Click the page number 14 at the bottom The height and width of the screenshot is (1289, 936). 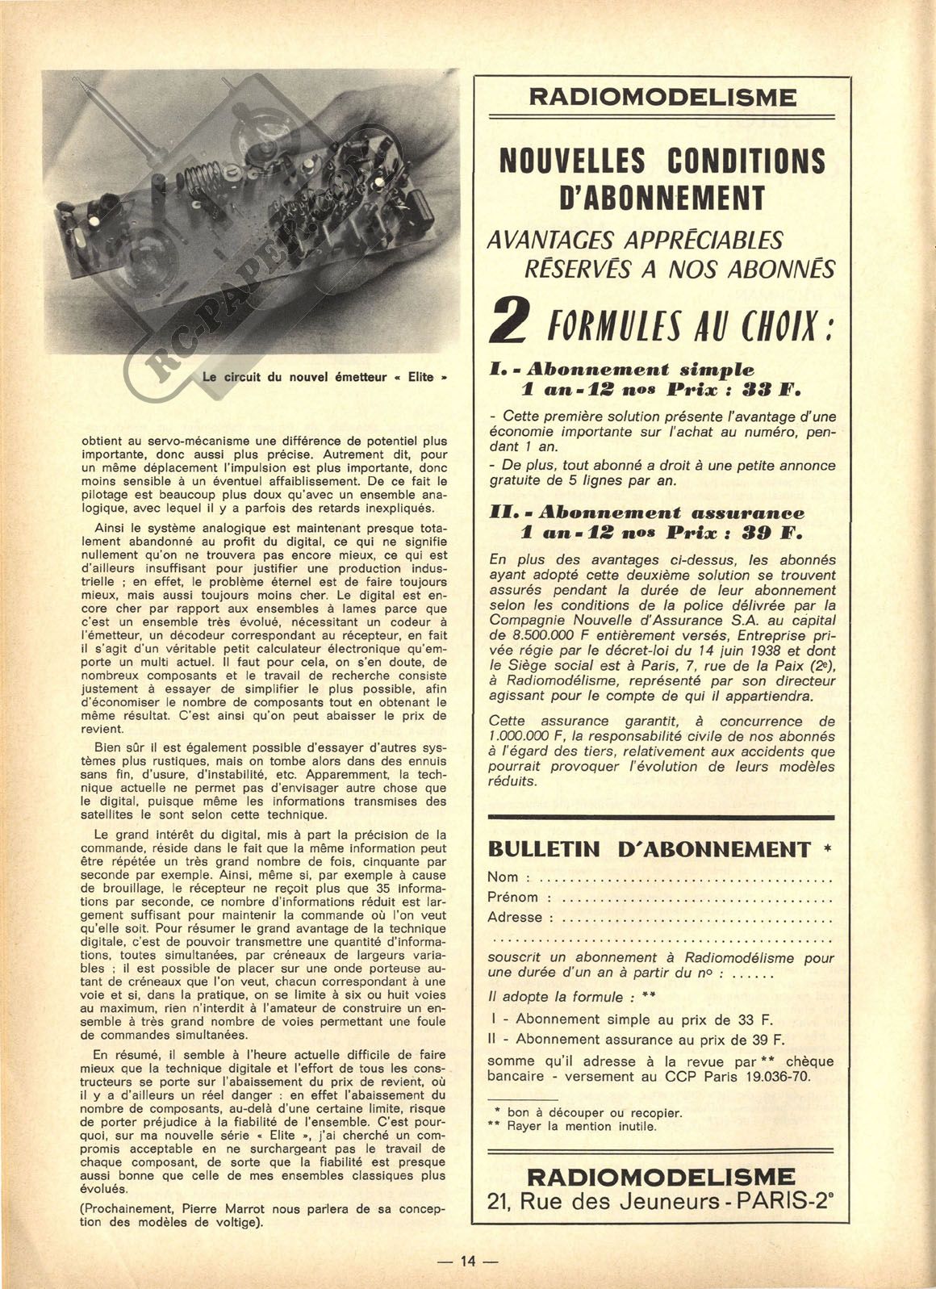(468, 1261)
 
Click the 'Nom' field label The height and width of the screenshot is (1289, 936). (503, 877)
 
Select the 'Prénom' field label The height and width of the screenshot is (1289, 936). (512, 898)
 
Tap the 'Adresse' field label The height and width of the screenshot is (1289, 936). (515, 918)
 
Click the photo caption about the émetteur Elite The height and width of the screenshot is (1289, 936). (325, 376)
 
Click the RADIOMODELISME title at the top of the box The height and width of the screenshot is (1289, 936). (662, 98)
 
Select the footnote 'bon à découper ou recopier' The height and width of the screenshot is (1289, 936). (594, 1112)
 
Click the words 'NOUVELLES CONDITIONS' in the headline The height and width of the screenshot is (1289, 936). (662, 161)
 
